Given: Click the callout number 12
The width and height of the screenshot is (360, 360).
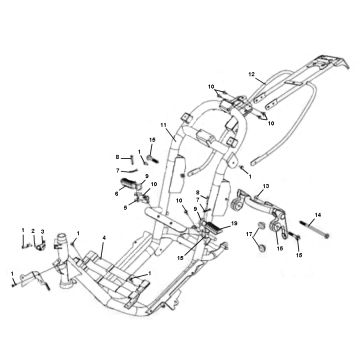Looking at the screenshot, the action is pyautogui.click(x=254, y=74).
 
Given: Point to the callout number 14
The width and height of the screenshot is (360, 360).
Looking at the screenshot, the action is pyautogui.click(x=319, y=214).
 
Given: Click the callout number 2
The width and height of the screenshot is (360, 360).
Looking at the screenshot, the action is pyautogui.click(x=33, y=232).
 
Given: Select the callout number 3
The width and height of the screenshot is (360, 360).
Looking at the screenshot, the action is pyautogui.click(x=42, y=233).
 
